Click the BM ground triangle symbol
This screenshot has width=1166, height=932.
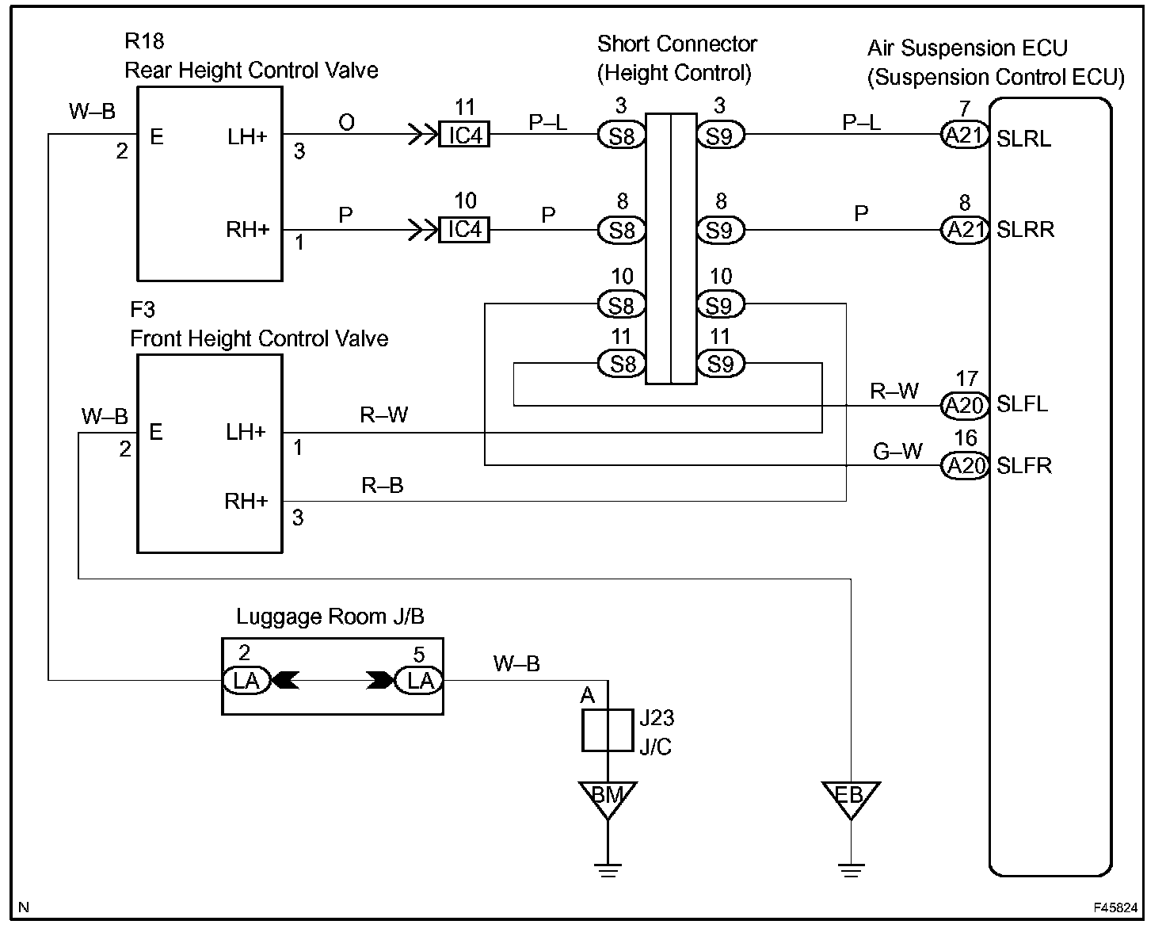tap(608, 796)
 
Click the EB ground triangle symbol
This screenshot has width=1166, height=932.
tap(851, 796)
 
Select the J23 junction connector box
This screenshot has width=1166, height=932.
tap(608, 730)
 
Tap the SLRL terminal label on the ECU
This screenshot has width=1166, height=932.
tap(1023, 139)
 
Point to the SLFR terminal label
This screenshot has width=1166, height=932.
tap(1023, 466)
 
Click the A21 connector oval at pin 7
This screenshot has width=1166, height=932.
tap(965, 136)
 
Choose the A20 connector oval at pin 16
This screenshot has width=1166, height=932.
tap(965, 466)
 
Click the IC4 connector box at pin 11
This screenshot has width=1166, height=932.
tap(465, 136)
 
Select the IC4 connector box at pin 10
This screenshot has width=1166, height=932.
tap(465, 230)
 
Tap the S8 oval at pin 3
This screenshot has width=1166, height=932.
tap(622, 136)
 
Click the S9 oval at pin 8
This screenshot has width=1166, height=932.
tap(720, 231)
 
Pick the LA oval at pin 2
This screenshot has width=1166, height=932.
tap(246, 681)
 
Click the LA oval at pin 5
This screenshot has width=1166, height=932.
tap(420, 681)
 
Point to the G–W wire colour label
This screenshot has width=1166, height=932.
tap(897, 452)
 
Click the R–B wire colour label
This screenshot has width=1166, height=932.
tap(383, 486)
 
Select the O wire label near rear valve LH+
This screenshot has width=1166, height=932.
tap(346, 123)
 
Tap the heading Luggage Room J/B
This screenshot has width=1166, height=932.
tap(324, 617)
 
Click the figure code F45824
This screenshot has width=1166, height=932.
tap(1116, 908)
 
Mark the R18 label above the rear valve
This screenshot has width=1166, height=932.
tap(144, 41)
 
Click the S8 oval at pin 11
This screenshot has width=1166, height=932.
tap(622, 365)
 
